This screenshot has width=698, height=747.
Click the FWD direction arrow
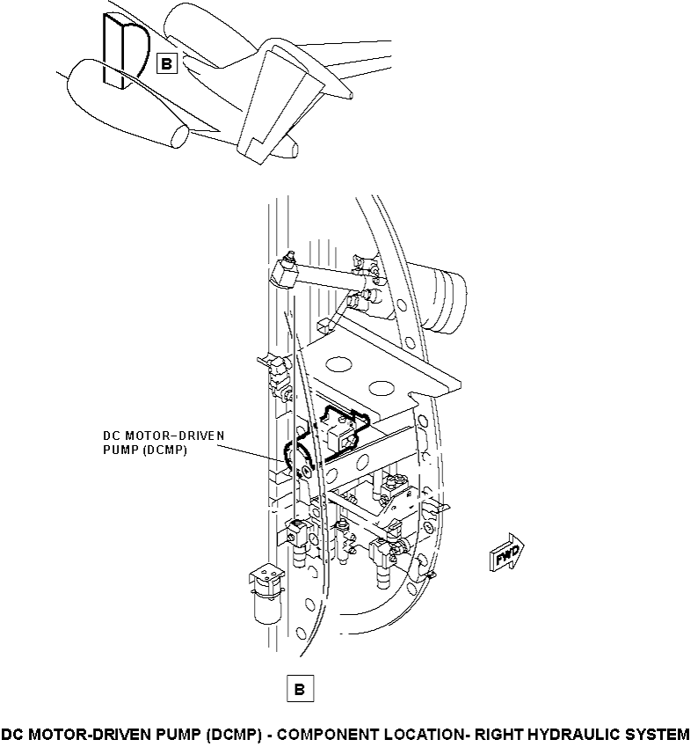[506, 553]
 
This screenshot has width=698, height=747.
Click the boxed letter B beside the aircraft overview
[167, 63]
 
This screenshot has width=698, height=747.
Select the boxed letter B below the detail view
[300, 688]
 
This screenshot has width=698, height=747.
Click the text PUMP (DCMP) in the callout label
[145, 450]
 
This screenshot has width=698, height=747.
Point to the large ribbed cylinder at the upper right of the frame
[439, 297]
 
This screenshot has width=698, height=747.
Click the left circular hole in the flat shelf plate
[338, 365]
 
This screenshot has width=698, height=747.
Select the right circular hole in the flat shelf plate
[382, 388]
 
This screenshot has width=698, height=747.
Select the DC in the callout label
[112, 436]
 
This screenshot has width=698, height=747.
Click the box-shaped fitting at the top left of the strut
[285, 273]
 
